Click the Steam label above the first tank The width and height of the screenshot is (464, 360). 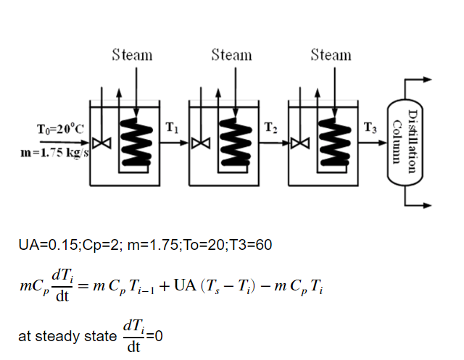tap(132, 55)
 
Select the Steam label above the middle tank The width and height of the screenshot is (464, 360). tap(231, 55)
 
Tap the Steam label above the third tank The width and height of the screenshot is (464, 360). tap(331, 55)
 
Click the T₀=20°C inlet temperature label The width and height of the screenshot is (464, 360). tap(60, 130)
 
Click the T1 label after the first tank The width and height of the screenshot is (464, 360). tap(171, 129)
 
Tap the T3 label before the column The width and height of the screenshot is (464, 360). tap(370, 129)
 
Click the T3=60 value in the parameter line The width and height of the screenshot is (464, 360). tap(250, 246)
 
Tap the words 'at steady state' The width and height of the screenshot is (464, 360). tap(66, 337)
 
